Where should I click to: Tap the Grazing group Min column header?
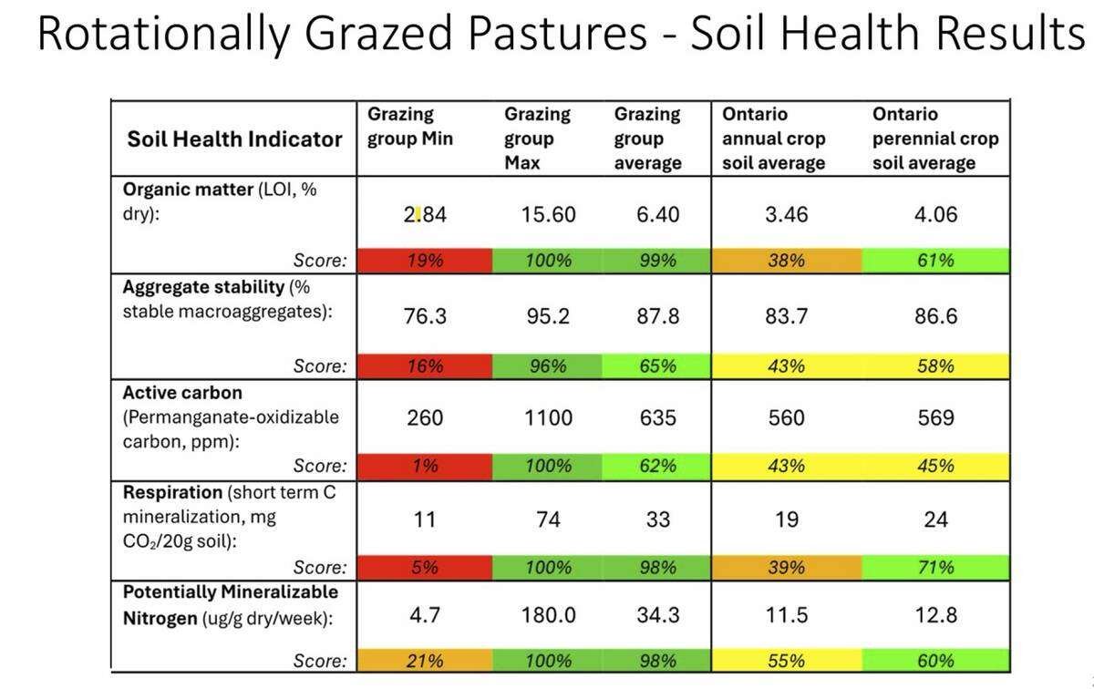(x=410, y=128)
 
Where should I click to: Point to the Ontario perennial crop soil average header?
(x=935, y=139)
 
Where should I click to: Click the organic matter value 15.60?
(x=548, y=215)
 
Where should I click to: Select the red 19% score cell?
(x=425, y=261)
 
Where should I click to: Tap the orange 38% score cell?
(x=786, y=261)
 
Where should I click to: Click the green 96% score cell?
(x=548, y=366)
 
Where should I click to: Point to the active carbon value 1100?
(x=548, y=418)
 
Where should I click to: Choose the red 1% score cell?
(x=425, y=467)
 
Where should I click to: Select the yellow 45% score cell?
(x=935, y=467)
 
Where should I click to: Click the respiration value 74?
(x=548, y=519)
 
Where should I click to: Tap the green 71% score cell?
(x=935, y=568)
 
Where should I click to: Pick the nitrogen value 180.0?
(x=548, y=615)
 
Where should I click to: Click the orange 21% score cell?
(x=425, y=661)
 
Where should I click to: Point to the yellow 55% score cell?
(x=786, y=661)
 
